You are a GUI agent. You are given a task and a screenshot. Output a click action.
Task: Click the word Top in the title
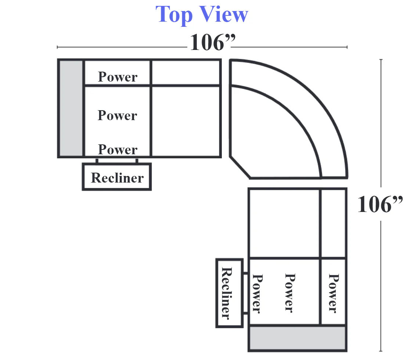click(174, 15)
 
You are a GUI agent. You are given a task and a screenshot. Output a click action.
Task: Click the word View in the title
click(224, 14)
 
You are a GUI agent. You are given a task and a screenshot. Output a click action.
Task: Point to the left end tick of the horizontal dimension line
click(57, 47)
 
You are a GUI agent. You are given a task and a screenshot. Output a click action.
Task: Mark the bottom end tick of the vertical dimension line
click(381, 351)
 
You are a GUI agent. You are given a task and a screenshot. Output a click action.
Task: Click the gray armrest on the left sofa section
click(71, 108)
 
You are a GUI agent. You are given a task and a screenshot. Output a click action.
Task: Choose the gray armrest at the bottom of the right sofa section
click(297, 338)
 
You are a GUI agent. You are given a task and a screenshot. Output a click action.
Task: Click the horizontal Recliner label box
click(117, 177)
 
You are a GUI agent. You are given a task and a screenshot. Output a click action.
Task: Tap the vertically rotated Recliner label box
click(229, 293)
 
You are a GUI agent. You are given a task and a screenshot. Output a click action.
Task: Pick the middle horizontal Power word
click(118, 115)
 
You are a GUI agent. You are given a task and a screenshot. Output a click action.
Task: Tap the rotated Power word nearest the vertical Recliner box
click(257, 294)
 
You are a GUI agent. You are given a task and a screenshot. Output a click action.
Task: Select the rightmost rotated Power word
click(333, 293)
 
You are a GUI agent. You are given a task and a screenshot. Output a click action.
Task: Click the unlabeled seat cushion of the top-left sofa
click(185, 121)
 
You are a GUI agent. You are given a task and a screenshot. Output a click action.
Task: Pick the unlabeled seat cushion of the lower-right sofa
click(284, 223)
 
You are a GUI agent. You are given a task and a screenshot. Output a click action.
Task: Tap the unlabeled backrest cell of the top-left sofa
click(185, 72)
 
